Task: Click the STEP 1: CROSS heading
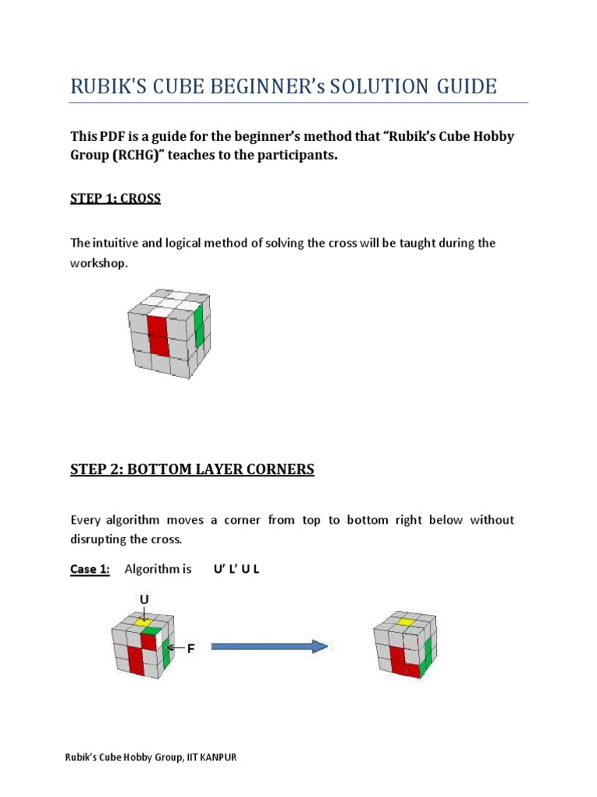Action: tap(115, 198)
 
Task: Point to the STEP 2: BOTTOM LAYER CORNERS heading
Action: tap(192, 469)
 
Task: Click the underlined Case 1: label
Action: tap(89, 569)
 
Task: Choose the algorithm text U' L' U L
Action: tap(236, 569)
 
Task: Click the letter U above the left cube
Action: tap(144, 599)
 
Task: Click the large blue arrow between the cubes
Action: tap(269, 646)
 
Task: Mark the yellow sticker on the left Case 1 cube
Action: tap(143, 622)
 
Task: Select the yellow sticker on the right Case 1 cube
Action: tap(403, 622)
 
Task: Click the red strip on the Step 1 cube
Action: tap(157, 335)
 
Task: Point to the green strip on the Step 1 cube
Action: tap(198, 326)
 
